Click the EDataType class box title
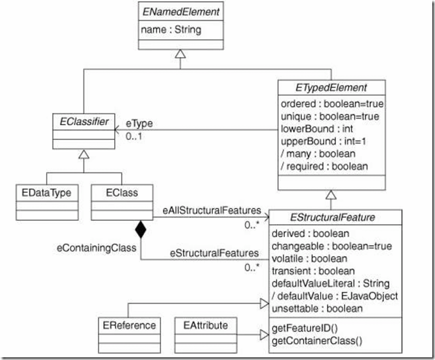point(44,192)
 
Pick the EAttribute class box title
point(205,325)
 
